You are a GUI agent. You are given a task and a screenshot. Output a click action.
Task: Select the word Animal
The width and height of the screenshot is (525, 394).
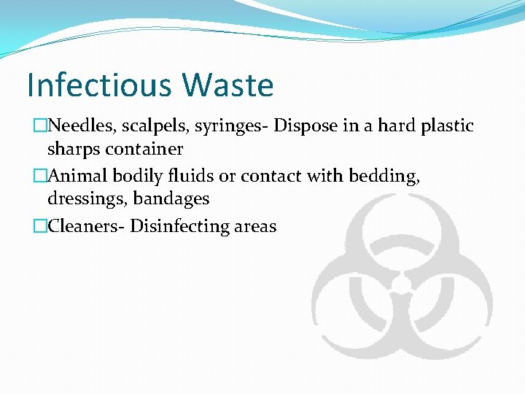point(77,175)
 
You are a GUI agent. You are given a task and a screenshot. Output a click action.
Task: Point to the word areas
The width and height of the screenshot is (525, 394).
point(255,226)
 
